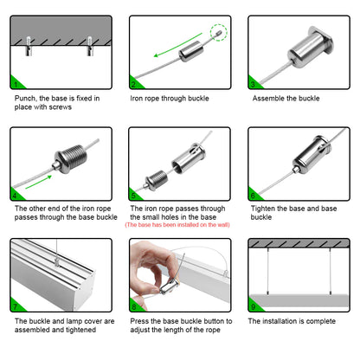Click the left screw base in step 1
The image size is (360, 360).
29,46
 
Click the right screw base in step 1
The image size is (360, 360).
90,46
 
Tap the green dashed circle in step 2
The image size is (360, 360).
219,32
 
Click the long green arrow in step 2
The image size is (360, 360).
177,45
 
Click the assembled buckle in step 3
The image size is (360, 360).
311,47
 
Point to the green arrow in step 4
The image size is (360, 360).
39,182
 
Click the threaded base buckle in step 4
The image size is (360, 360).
69,159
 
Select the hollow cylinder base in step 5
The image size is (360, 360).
189,158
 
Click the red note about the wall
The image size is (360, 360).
177,225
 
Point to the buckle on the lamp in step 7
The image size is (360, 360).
57,262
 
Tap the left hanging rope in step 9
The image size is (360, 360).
268,271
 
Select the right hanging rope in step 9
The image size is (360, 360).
331,271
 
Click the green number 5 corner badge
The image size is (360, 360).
135,195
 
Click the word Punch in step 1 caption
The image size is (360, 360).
26,99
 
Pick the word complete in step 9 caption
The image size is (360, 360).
321,321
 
